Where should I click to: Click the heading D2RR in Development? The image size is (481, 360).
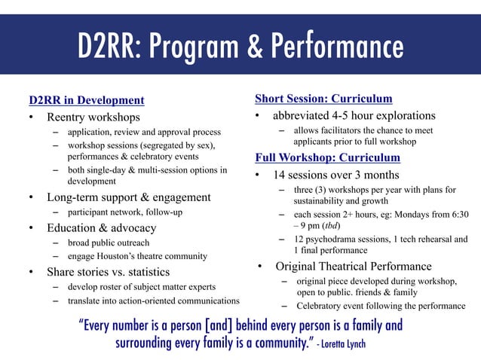(86, 100)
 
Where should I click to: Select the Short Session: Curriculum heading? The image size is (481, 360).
(323, 99)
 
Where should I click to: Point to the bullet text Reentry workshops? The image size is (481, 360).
(93, 117)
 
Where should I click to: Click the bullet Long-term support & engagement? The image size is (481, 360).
(129, 197)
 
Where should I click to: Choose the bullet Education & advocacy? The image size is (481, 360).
(102, 227)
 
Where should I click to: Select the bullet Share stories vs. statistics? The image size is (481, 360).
(109, 272)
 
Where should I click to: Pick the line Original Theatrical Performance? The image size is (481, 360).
(354, 266)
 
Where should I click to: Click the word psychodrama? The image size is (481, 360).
(334, 239)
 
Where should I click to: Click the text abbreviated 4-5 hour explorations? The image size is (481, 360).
(354, 116)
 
